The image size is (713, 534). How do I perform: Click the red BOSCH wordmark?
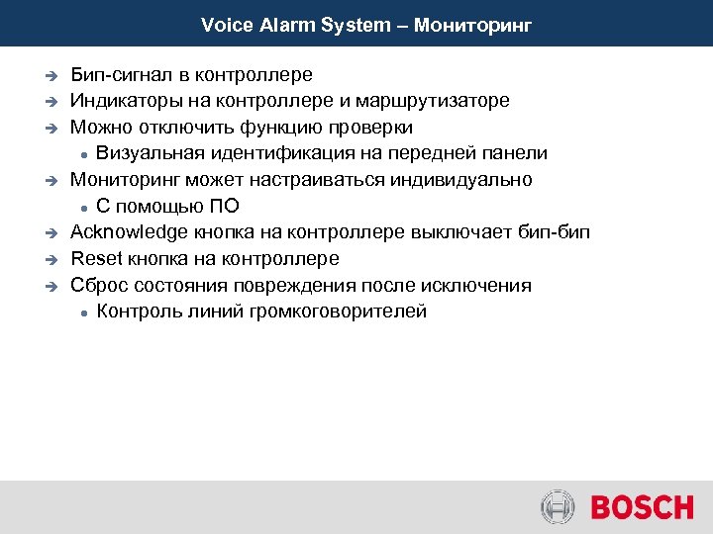coord(642,508)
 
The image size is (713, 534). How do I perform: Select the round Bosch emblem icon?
coord(558,508)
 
